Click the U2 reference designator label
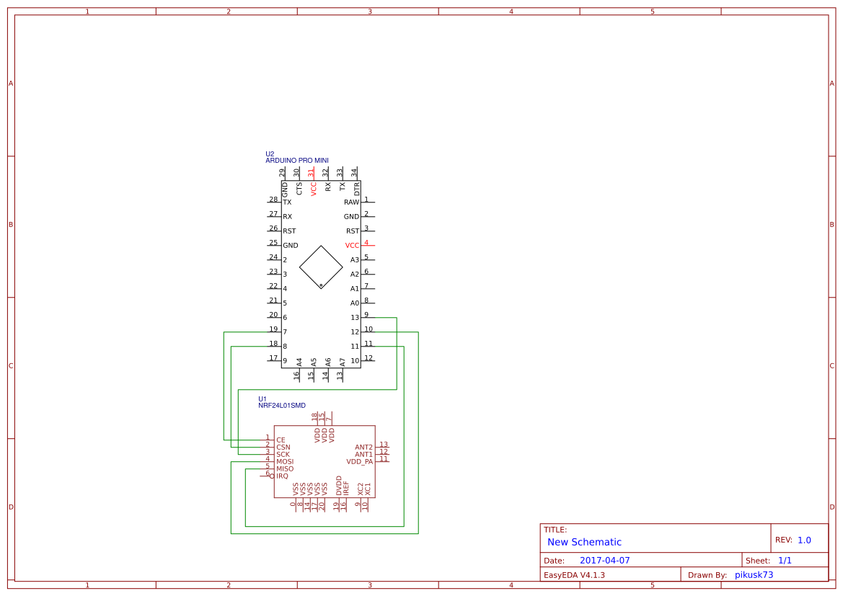pos(270,154)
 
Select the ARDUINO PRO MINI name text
pos(296,161)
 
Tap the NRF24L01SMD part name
pos(282,406)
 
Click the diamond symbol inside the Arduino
pos(321,267)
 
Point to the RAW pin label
pos(351,203)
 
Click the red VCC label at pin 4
pos(352,246)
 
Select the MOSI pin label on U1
pos(285,461)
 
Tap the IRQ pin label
pos(282,476)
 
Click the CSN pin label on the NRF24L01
pos(283,448)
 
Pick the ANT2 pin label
pos(363,448)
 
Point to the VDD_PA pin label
pos(360,462)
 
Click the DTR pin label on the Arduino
pos(357,190)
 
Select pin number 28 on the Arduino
pos(273,200)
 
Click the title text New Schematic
pos(584,542)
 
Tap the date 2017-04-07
pos(604,561)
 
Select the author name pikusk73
pos(754,575)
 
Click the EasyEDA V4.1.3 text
pos(574,575)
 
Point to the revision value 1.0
pos(804,540)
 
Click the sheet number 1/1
pos(785,560)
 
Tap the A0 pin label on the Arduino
pos(355,303)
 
